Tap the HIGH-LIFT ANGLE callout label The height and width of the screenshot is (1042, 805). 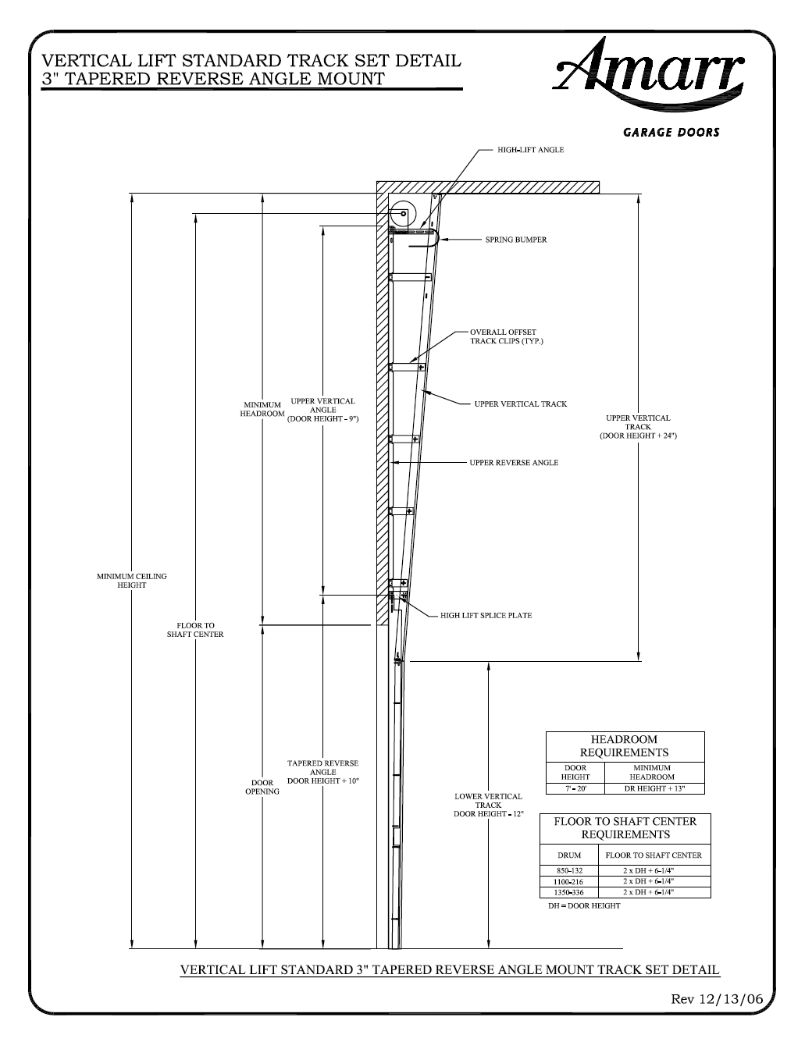[530, 150]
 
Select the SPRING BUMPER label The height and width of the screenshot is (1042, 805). [516, 240]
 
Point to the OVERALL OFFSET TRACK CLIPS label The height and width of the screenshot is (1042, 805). [506, 336]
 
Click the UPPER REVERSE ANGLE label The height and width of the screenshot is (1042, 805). [514, 463]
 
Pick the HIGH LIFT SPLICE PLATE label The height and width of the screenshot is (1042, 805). [486, 616]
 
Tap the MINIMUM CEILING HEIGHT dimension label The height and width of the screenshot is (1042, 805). [132, 581]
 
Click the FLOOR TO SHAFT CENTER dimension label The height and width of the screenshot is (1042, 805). [195, 630]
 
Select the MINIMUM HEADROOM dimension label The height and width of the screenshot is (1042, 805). [262, 410]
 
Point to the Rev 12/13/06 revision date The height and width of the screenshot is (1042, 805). [717, 999]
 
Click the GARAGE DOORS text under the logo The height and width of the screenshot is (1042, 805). [671, 133]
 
